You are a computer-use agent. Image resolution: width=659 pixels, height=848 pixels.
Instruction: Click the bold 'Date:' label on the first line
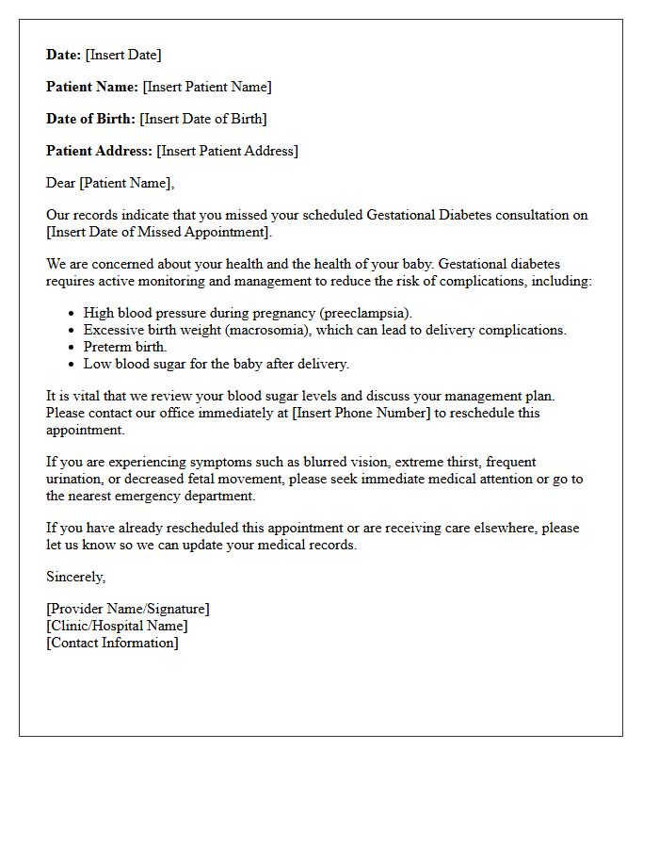(64, 55)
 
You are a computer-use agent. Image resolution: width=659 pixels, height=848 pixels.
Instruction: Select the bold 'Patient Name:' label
(92, 87)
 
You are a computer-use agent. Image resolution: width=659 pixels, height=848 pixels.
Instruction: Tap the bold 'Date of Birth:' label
(91, 119)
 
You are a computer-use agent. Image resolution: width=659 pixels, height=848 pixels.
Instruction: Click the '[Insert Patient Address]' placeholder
(227, 151)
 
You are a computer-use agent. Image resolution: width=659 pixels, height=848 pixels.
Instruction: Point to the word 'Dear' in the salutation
(61, 183)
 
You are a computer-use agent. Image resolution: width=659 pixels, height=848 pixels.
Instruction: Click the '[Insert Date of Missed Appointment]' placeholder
(158, 232)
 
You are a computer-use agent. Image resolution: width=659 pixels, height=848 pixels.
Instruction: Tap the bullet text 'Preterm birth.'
(125, 347)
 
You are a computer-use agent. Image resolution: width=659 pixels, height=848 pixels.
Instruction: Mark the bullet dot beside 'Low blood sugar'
(72, 364)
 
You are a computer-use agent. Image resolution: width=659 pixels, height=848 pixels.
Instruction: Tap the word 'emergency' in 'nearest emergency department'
(162, 496)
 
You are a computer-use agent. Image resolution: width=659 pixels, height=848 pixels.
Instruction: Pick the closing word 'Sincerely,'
(76, 577)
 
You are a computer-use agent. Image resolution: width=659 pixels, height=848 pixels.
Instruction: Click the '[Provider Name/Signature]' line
(128, 609)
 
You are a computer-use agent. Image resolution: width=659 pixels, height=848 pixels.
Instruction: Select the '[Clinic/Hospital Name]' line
(117, 626)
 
